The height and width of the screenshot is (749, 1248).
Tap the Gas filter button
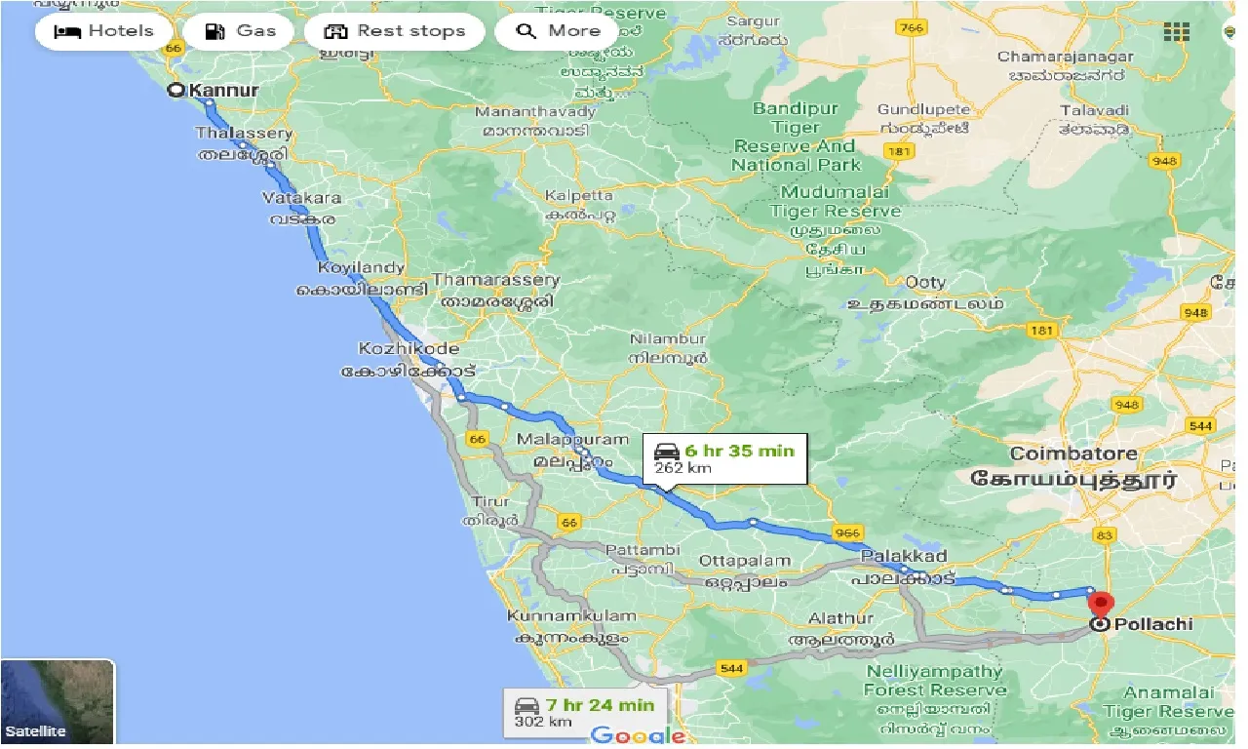tap(242, 31)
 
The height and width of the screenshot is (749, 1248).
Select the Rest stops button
tap(395, 31)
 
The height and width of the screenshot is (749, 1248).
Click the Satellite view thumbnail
tap(58, 702)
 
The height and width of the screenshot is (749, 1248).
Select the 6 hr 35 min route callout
tap(725, 457)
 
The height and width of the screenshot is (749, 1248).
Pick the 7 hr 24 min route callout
tap(585, 712)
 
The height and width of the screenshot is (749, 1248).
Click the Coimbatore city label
tap(1073, 453)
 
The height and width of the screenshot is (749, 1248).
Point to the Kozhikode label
tap(409, 348)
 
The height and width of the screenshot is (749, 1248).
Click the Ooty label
tap(925, 282)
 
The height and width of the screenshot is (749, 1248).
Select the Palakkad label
tap(905, 557)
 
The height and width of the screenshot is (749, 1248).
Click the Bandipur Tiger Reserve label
tap(796, 137)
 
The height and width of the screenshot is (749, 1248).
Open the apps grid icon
tap(1177, 31)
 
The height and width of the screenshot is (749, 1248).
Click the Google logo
tap(638, 735)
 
